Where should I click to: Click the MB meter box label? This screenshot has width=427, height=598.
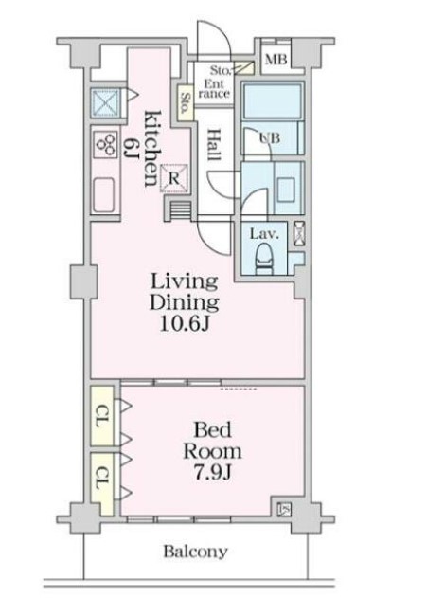coord(276,60)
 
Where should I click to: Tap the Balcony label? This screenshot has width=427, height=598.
coord(195,552)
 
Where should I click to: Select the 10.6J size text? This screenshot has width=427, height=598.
coord(185,324)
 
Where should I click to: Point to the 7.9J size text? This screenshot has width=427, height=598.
coord(212,473)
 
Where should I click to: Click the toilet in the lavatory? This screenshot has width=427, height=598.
coord(264,260)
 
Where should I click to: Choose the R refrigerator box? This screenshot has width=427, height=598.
coord(174,178)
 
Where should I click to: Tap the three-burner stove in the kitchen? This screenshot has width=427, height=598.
coord(105,145)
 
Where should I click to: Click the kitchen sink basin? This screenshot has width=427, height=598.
coord(103,195)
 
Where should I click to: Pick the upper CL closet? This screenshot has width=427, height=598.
coord(102,416)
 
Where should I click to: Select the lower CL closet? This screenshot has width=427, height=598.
coord(102,483)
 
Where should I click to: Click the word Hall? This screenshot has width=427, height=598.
coord(215,145)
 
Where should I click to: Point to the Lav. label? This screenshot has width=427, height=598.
coord(264,234)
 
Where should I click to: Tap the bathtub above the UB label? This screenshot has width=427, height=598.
coord(272,101)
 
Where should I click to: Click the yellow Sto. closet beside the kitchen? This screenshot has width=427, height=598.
coord(186,103)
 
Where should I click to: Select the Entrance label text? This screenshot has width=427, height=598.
coord(214,89)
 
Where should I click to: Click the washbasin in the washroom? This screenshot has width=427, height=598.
coord(286,190)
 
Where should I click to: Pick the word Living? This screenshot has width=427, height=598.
coord(184,281)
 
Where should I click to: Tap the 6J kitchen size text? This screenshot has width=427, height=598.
coord(130,148)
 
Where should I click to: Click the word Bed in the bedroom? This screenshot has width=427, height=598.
coord(212,430)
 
